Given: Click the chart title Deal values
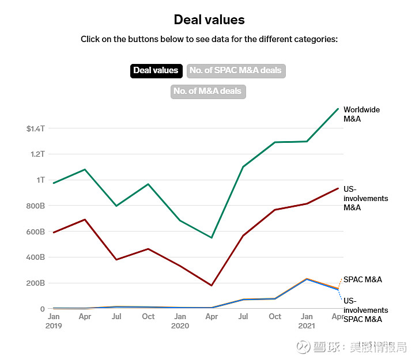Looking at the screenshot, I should pos(209,20).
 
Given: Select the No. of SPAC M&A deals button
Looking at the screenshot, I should pos(236,71).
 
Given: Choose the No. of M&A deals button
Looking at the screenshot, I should pos(208,91).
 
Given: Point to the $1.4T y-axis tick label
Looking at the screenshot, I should pos(35,128).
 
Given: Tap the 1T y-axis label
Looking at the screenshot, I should pos(40,180).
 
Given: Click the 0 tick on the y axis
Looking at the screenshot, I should pos(42,309).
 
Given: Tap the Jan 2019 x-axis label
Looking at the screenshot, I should pos(54,321).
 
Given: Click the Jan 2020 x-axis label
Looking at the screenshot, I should pos(180,321).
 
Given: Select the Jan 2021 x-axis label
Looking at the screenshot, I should pos(307,321).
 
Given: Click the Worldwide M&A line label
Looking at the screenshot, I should pos(361,114).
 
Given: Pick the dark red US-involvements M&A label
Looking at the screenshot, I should pos(365,199).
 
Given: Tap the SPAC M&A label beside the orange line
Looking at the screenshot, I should pos(363,279).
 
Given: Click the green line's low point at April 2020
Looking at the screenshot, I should pos(212,237).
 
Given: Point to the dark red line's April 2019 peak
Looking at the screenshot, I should pos(85,219).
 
